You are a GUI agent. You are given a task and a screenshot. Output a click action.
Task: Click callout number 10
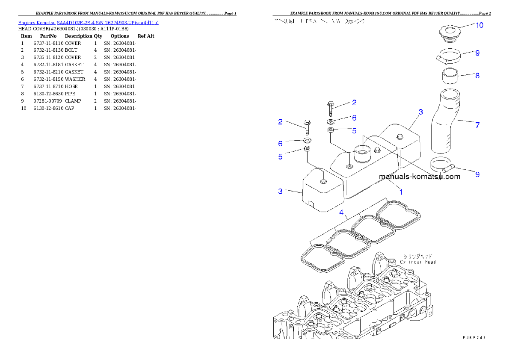[479, 25]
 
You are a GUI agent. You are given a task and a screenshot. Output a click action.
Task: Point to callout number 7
[477, 125]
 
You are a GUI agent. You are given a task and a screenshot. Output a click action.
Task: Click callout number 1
[401, 192]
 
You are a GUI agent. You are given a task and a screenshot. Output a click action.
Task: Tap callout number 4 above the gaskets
[341, 212]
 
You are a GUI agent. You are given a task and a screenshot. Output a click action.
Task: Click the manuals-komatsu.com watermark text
[420, 176]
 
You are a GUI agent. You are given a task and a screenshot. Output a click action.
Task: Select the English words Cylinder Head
[418, 262]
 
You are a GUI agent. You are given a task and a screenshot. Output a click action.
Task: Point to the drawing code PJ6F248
[474, 337]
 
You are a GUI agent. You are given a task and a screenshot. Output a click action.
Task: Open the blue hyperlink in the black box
[88, 23]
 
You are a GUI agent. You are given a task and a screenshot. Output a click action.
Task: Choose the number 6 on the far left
[280, 144]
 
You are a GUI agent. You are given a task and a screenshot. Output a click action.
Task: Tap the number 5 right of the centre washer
[354, 131]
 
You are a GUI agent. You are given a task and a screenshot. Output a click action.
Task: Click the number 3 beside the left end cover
[280, 191]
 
